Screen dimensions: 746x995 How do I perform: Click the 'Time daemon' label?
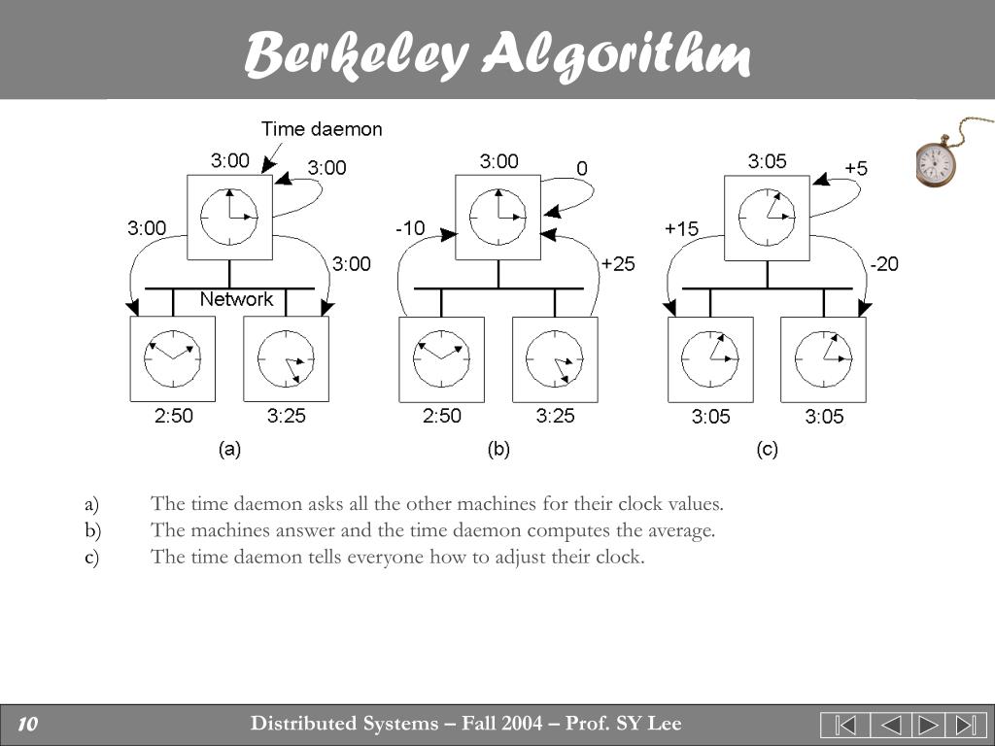[x=322, y=129]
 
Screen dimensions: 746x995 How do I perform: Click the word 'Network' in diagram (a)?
[x=236, y=299]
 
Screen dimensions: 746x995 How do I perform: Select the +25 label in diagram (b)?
[x=617, y=263]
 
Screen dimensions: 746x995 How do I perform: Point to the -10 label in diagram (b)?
[x=410, y=228]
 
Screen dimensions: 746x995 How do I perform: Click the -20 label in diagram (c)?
[x=884, y=263]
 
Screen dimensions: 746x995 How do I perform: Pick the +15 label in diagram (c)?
[x=681, y=228]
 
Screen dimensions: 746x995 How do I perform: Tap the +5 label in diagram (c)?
[x=856, y=168]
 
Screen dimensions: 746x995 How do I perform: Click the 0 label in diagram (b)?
[x=581, y=168]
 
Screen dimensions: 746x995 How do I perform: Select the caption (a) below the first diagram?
[x=229, y=450]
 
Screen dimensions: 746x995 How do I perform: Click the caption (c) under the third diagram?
[x=767, y=450]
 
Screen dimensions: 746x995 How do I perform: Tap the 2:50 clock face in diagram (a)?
[x=173, y=358]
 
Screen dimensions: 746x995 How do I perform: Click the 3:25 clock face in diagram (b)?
[x=555, y=358]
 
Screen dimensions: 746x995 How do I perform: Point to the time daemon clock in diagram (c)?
[x=767, y=217]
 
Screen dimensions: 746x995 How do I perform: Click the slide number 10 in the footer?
[x=27, y=724]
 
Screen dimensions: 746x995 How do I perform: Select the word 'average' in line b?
[x=683, y=530]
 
